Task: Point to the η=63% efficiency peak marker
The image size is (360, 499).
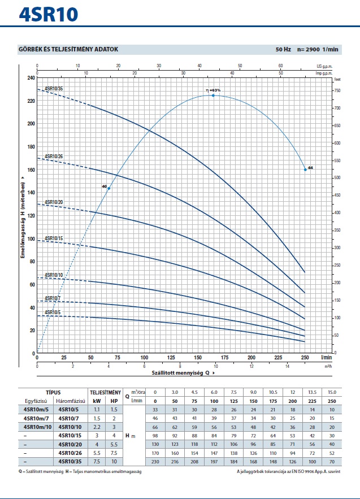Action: coord(213,96)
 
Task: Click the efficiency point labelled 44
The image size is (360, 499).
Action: coord(305,170)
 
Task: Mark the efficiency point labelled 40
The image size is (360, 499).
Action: coord(109,188)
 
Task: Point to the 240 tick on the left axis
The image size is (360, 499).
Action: coord(31,77)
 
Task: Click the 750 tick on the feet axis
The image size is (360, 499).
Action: coord(338,90)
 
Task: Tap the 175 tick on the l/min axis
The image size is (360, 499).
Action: coord(224,358)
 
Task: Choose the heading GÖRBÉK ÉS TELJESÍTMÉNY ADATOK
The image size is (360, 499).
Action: coord(68,49)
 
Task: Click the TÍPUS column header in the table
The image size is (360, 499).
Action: coord(53,392)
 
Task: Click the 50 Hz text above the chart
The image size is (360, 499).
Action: coord(283,50)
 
